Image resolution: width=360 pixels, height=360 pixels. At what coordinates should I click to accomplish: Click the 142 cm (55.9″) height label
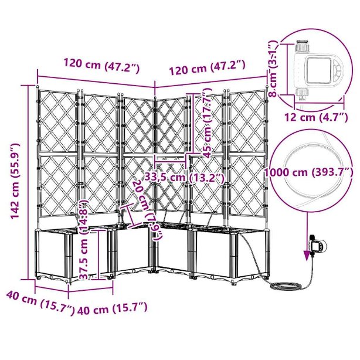point(16,181)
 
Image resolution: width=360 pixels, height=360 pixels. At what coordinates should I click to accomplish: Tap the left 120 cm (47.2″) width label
point(101,66)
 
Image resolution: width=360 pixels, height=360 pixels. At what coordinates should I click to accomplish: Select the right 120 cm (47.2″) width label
point(208,67)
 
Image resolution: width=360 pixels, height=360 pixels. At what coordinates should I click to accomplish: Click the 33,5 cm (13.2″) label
point(184,178)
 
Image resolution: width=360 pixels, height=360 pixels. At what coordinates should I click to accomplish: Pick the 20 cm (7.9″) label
point(148,210)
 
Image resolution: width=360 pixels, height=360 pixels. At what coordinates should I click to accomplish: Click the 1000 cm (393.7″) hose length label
point(309,172)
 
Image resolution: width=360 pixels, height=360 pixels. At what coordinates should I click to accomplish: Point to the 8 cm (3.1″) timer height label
point(273,69)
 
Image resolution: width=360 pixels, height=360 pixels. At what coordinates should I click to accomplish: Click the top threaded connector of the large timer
point(303,46)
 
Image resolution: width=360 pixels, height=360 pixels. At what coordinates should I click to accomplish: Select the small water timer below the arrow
point(317,247)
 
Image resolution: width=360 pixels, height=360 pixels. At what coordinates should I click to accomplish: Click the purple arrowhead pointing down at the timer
point(307,256)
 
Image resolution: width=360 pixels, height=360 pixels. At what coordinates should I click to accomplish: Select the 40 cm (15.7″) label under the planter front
point(113,309)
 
